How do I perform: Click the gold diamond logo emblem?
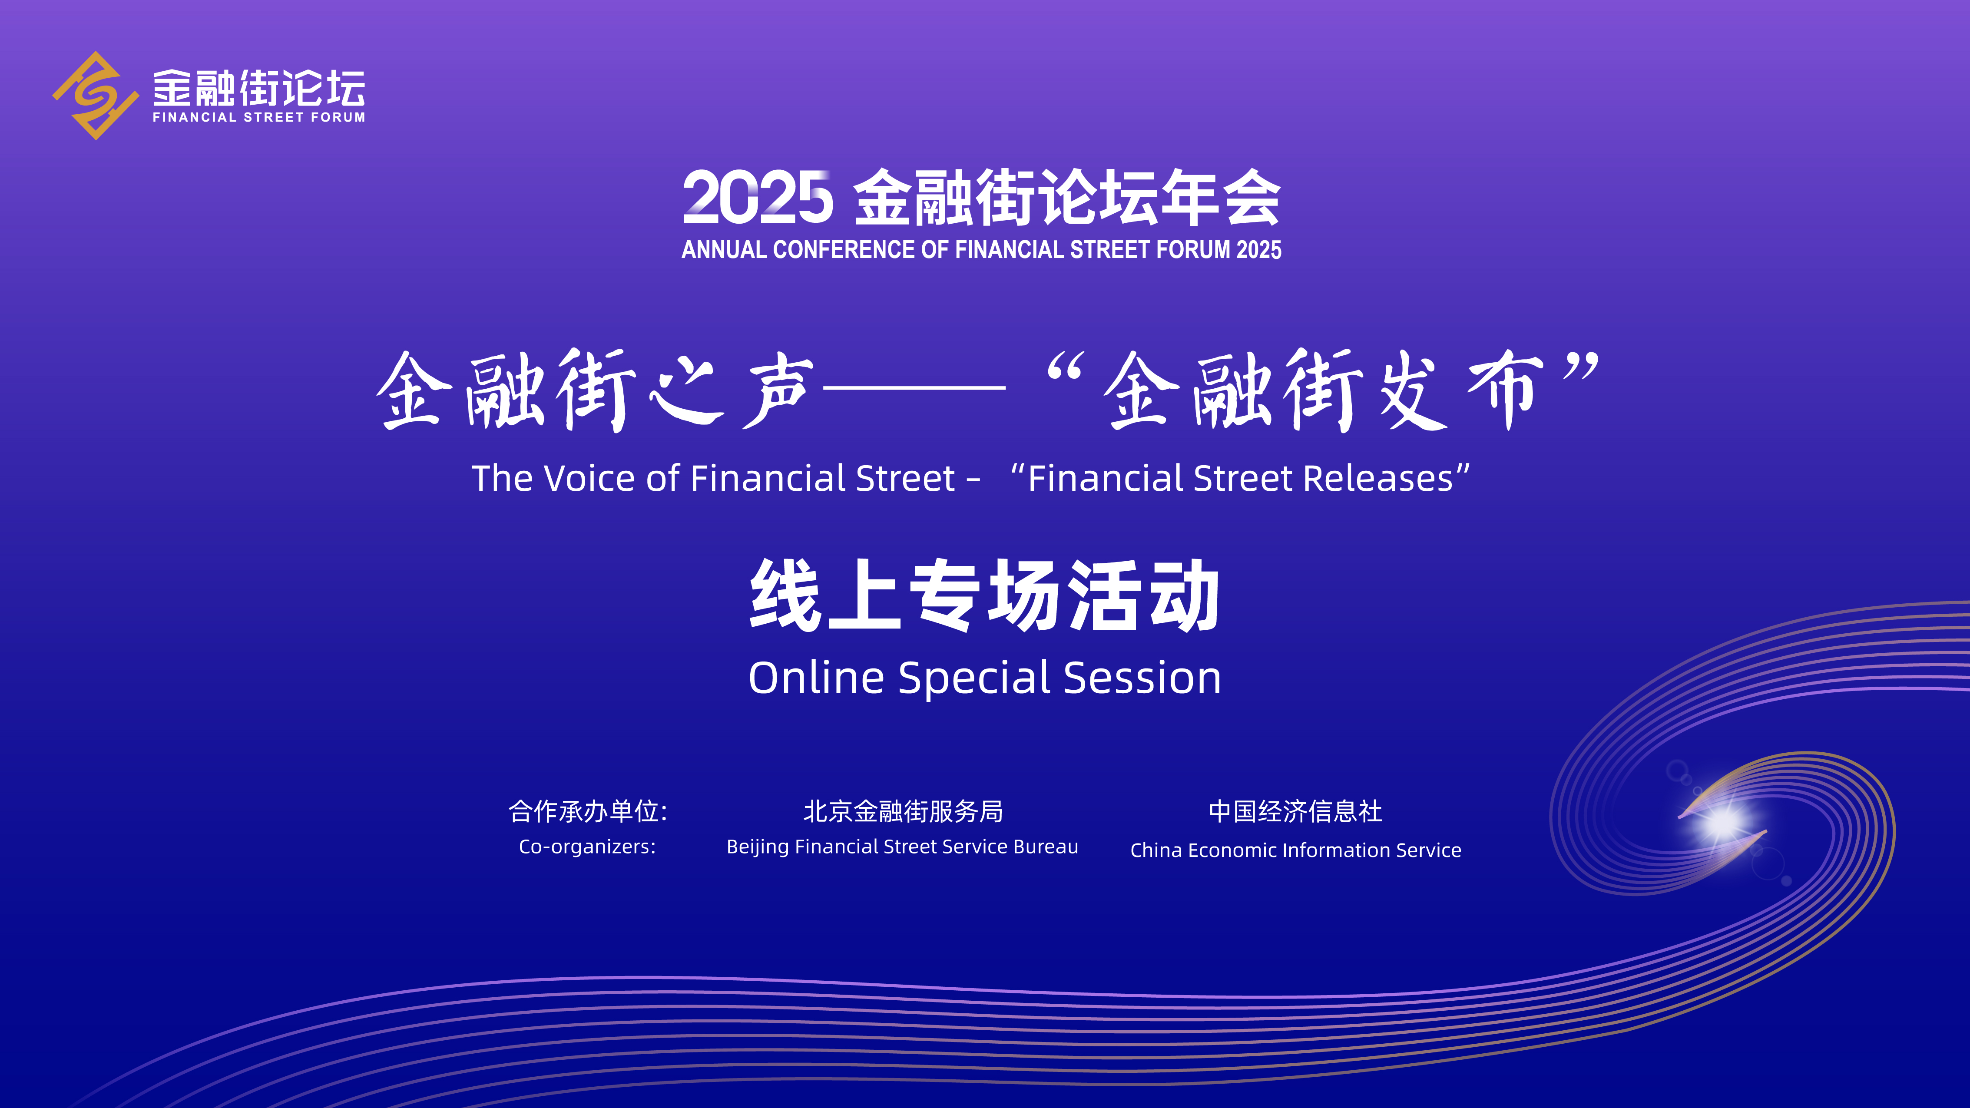point(96,96)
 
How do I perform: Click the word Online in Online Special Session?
point(816,678)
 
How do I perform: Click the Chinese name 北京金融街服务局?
point(902,811)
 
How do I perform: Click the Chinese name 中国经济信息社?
point(1295,811)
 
